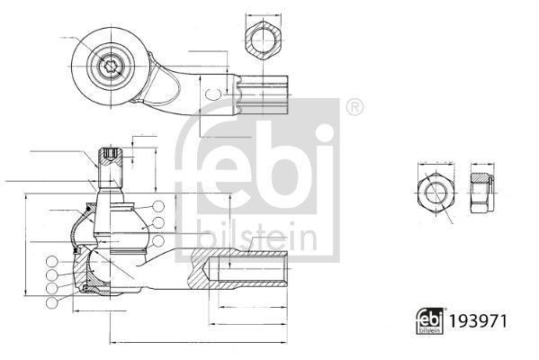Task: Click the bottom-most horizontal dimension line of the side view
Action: click(198, 341)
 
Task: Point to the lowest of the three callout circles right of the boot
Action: click(158, 238)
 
